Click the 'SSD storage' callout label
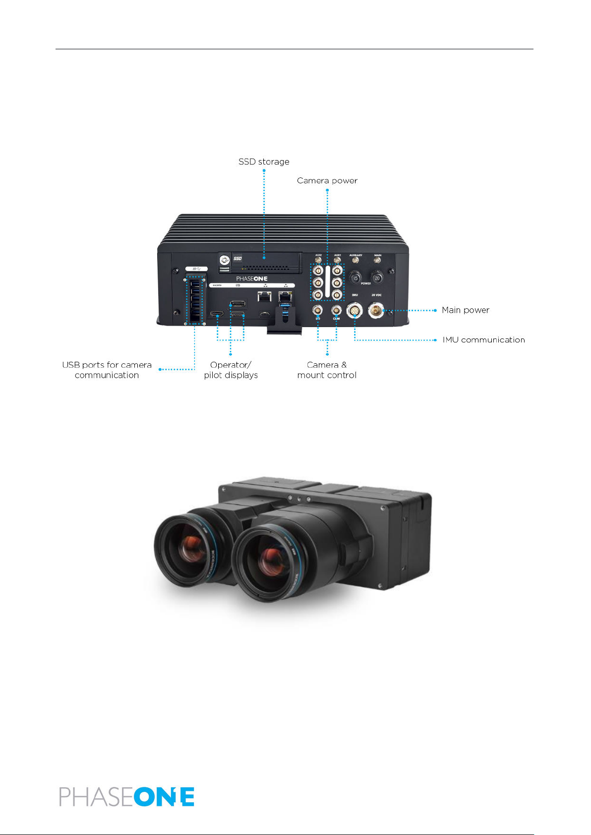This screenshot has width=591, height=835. click(x=264, y=162)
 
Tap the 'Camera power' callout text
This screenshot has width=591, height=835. click(x=327, y=181)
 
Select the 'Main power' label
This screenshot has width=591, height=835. click(x=465, y=310)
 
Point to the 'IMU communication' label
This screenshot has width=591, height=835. click(x=483, y=340)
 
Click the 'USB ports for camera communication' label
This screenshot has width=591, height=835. click(x=107, y=370)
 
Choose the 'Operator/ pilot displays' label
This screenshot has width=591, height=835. click(x=231, y=370)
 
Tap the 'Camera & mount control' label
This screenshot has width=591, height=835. click(x=327, y=370)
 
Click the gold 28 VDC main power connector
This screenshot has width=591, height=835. click(x=376, y=311)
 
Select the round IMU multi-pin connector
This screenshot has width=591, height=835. click(x=355, y=311)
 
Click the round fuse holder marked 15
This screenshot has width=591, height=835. click(x=355, y=278)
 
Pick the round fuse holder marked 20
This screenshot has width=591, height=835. click(x=377, y=278)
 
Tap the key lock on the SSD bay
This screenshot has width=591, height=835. click(x=225, y=259)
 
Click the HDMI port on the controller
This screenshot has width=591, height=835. click(x=216, y=314)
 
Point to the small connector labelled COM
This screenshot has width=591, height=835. click(x=336, y=310)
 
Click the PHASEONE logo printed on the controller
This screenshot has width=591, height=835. click(x=251, y=279)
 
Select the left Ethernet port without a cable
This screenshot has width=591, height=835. click(x=264, y=296)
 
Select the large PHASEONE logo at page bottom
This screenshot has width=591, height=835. click(x=127, y=797)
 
